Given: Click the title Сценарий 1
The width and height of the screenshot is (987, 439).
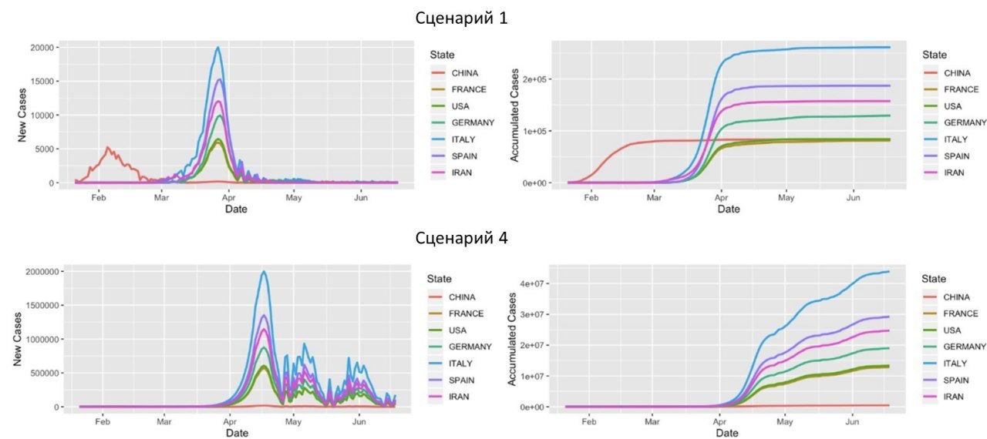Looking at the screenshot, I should (x=462, y=18).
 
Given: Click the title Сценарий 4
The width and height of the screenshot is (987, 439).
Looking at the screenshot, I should (x=462, y=238).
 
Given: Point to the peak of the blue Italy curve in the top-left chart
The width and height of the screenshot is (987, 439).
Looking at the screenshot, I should (x=218, y=48).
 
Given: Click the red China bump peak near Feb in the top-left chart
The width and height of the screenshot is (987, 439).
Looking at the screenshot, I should (x=108, y=147).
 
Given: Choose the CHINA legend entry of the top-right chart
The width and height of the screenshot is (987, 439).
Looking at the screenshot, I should (x=958, y=73).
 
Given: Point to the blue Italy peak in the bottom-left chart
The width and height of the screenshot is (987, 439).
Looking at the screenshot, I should (x=264, y=271).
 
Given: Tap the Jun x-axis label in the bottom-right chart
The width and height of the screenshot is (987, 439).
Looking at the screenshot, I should (x=852, y=421).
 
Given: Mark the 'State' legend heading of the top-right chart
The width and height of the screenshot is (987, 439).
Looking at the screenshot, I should (x=935, y=55).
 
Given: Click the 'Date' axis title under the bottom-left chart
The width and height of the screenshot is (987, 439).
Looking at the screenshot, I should (x=237, y=434).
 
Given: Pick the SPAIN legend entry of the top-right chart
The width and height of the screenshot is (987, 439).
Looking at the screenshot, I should (x=958, y=156).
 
